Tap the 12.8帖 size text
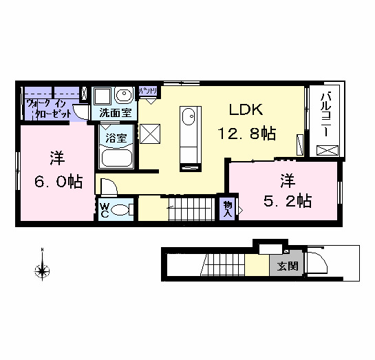[x=247, y=133]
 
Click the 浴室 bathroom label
[x=115, y=137]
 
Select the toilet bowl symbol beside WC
[x=122, y=210]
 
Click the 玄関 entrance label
[x=288, y=266]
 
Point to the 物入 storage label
[x=227, y=209]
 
